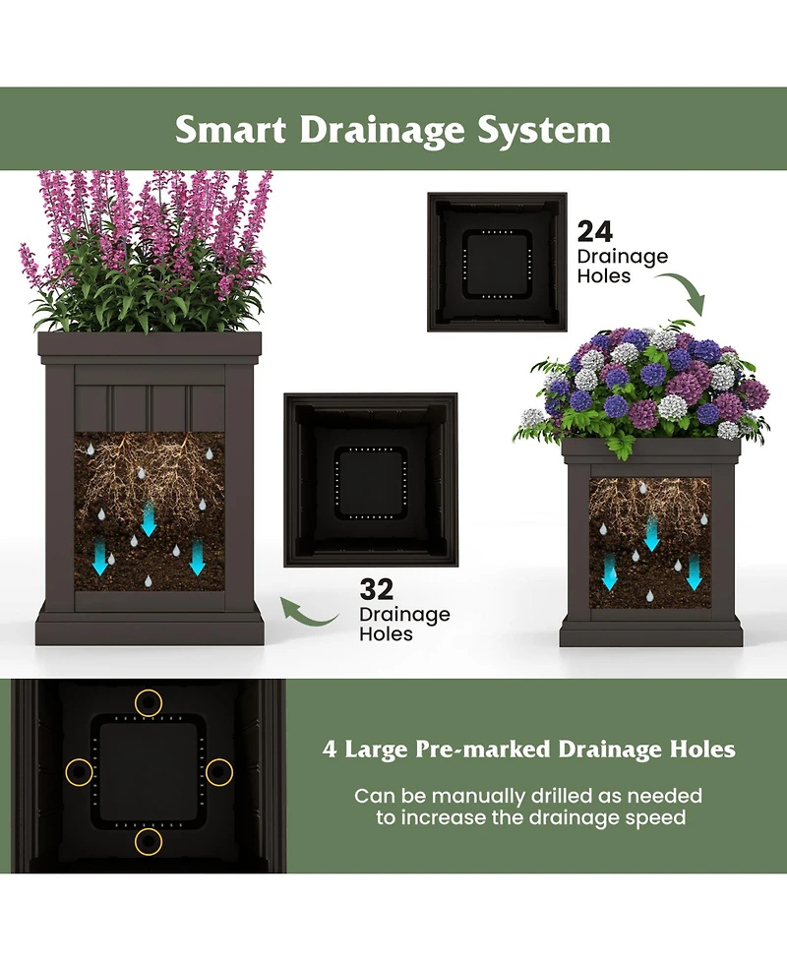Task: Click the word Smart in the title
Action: click(x=231, y=130)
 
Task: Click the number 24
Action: click(x=594, y=231)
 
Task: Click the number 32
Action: click(x=376, y=589)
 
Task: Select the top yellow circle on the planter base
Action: click(x=149, y=702)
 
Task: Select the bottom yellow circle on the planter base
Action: click(x=149, y=841)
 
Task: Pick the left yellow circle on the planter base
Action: click(x=79, y=772)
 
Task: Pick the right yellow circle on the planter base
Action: click(x=218, y=772)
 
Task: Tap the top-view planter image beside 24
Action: click(x=497, y=261)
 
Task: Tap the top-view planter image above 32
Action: click(x=371, y=480)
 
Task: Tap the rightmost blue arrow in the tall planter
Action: click(x=197, y=557)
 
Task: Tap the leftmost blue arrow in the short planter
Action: click(x=610, y=571)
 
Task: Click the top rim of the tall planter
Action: click(x=150, y=344)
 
